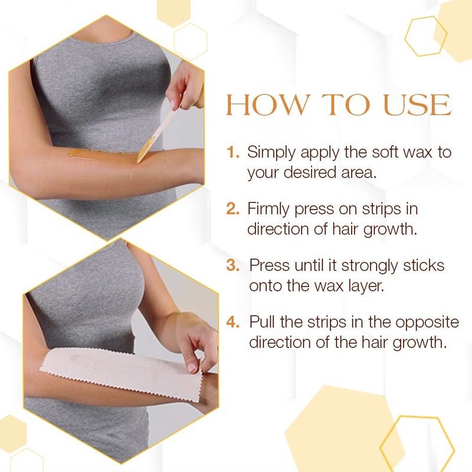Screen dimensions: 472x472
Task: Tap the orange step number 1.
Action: pos(234,153)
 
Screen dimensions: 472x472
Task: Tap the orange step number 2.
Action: pos(234,209)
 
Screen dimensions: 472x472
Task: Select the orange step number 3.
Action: pos(234,265)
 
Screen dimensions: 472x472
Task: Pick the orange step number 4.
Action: pos(234,322)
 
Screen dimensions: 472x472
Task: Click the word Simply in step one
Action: pos(272,153)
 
